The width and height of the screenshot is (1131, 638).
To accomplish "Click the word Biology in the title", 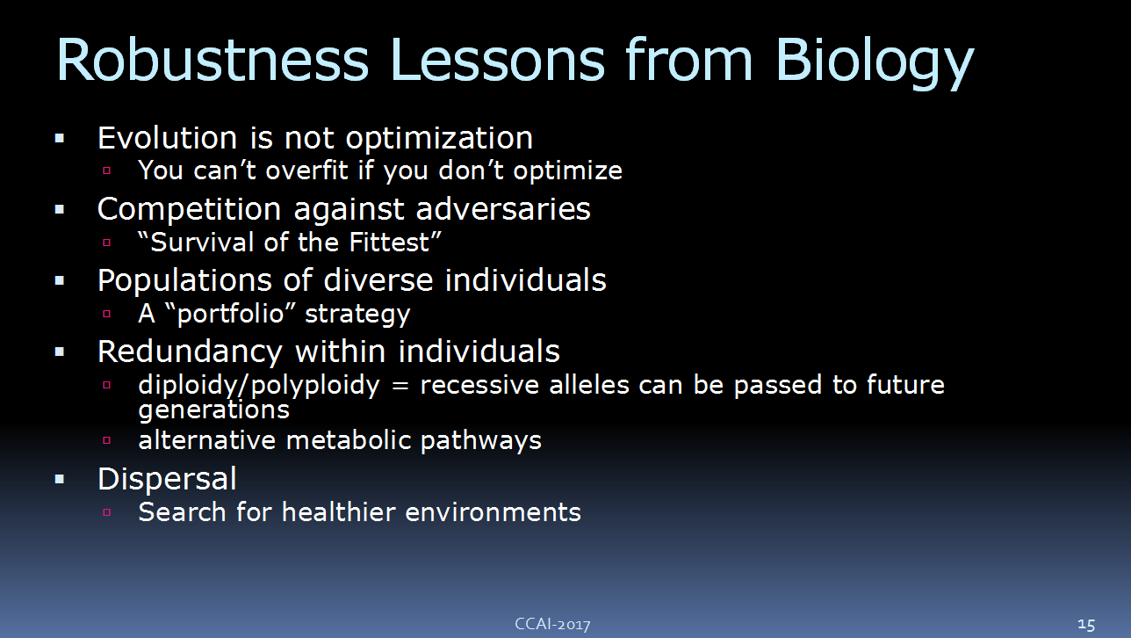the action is pos(874,62).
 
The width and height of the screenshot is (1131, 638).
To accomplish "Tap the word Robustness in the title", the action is pos(213,60).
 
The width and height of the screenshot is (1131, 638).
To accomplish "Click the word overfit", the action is pos(307,170).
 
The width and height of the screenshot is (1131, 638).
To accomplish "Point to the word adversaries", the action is pos(503,209).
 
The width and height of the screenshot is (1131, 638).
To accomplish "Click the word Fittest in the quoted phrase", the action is pos(389,243).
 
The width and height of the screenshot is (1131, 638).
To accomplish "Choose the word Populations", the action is pos(184,281).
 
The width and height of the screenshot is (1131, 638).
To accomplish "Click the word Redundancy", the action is pos(190,352).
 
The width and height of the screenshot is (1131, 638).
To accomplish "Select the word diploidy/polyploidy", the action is pos(259,387).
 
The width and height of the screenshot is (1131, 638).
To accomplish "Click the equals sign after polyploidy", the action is pos(400,386).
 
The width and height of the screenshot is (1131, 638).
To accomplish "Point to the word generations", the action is pos(214,410).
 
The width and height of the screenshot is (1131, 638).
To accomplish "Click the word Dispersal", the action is pos(167,480).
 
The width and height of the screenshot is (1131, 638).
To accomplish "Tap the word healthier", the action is pos(339,511).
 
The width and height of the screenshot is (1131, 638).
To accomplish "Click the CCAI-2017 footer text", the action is pos(552,624).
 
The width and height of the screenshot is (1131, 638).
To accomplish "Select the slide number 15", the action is pos(1086,625).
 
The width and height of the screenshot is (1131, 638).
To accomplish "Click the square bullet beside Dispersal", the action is pos(60,480).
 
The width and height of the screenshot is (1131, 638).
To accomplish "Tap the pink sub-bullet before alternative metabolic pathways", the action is pos(106,440).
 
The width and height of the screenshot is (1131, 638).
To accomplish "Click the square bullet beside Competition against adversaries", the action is pos(60,210).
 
